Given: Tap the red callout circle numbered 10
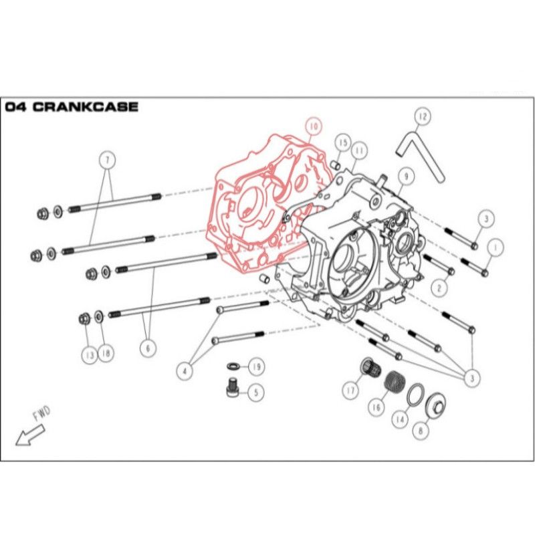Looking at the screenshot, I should (313, 126).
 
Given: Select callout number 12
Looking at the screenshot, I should (421, 118).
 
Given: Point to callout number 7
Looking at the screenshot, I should (107, 160).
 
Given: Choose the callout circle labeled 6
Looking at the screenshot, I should (148, 347).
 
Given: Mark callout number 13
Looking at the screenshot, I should (89, 355).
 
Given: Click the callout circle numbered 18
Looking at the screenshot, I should (105, 354).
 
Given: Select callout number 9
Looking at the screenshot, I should (404, 177).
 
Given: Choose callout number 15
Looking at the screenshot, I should (342, 142).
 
